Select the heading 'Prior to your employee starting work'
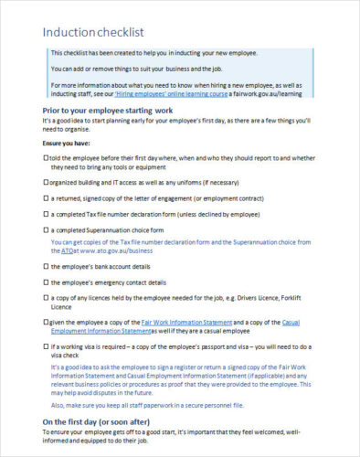[108, 110]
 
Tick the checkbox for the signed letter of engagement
[47, 197]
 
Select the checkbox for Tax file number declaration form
[47, 214]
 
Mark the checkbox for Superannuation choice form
[47, 229]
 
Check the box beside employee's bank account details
[47, 266]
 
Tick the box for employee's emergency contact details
[47, 282]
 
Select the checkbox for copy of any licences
[47, 298]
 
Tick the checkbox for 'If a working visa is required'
[47, 347]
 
